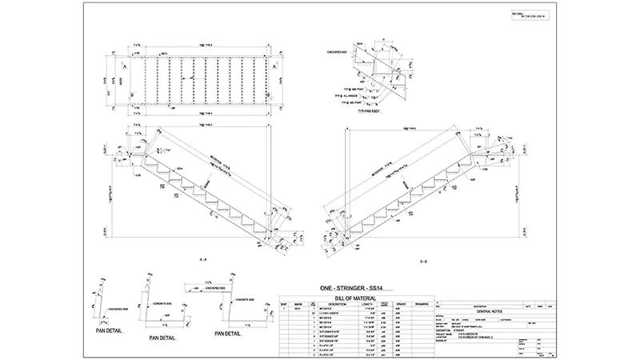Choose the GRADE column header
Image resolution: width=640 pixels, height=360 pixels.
pyautogui.click(x=400, y=304)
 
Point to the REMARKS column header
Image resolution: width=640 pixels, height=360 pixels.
pyautogui.click(x=422, y=304)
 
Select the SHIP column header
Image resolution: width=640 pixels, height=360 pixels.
pyautogui.click(x=283, y=304)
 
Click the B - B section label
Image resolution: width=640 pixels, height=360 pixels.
pyautogui.click(x=422, y=261)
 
